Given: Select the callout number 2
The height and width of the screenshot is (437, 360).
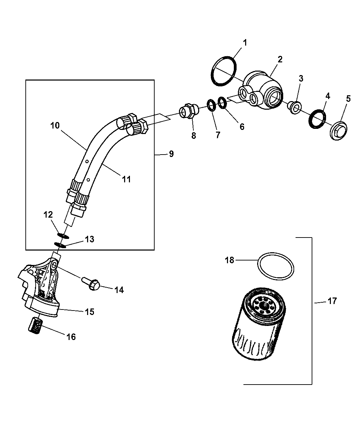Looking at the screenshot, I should pos(280,59).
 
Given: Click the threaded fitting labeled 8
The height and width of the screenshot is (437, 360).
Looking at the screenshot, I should pos(188,112).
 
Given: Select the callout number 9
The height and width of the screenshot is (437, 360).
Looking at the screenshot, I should pos(171,154).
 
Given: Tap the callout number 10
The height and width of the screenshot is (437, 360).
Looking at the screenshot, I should pos(55,126).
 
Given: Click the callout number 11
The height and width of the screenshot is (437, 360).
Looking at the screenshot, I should pos(127,179).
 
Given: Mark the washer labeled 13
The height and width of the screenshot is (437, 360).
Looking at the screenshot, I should pos(60,245).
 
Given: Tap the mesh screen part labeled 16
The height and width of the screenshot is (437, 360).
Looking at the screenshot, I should pos(35,324).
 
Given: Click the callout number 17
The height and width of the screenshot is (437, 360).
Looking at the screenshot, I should pos(332,301).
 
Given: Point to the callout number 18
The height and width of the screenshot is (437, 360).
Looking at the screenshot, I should pos(229,260).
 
